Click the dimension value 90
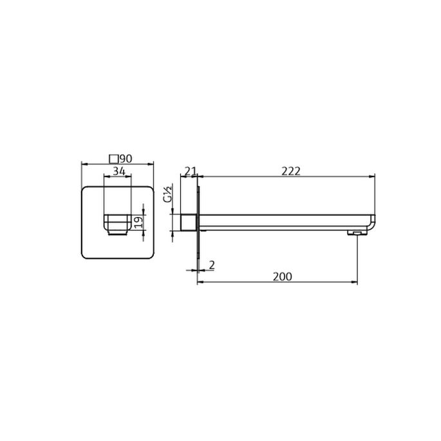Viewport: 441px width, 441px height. (x=126, y=158)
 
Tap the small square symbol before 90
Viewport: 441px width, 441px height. (x=114, y=158)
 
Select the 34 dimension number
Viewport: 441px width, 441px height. (x=118, y=171)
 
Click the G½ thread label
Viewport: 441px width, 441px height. (x=167, y=194)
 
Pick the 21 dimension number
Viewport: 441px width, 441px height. (x=190, y=171)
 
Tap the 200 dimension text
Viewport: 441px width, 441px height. (x=282, y=276)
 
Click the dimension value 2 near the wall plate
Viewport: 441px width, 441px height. (x=211, y=265)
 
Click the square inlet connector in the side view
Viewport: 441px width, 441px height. (x=189, y=223)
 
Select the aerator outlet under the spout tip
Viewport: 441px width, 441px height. (x=355, y=232)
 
